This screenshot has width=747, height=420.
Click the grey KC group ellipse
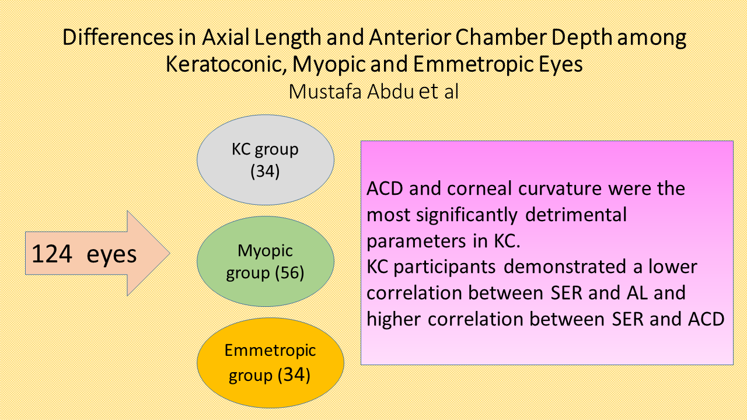pyautogui.click(x=266, y=160)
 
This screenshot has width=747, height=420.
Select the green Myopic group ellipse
pyautogui.click(x=266, y=261)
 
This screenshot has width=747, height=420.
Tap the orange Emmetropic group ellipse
pyautogui.click(x=270, y=363)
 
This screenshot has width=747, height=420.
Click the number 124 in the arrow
pyautogui.click(x=52, y=254)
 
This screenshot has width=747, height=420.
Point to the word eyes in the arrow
pyautogui.click(x=111, y=256)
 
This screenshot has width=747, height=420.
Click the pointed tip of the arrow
pyautogui.click(x=170, y=253)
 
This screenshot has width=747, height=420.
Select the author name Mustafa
pyautogui.click(x=325, y=92)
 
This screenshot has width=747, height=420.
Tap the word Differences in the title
pyautogui.click(x=118, y=37)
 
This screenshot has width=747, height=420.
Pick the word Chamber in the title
pyautogui.click(x=500, y=37)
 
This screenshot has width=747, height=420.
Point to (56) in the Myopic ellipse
pyautogui.click(x=289, y=272)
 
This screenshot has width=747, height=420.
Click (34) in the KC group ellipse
pyautogui.click(x=265, y=171)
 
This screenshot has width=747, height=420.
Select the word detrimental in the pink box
pyautogui.click(x=576, y=215)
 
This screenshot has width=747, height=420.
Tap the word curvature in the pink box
pyautogui.click(x=560, y=189)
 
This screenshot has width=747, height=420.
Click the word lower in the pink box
pyautogui.click(x=673, y=267)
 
